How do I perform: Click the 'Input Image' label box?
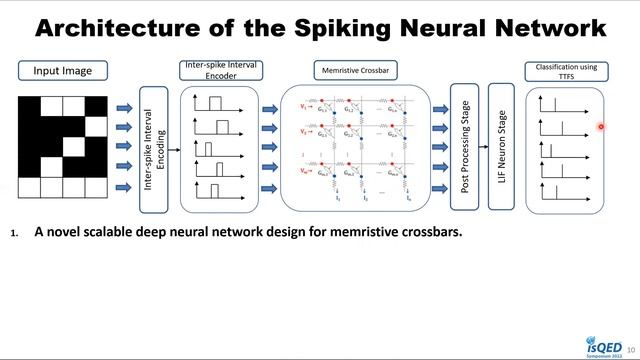point(62,71)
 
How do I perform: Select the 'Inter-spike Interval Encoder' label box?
point(222,71)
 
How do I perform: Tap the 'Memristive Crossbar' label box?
point(355,71)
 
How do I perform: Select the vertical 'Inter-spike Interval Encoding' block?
point(154,148)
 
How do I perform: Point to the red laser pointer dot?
point(601,127)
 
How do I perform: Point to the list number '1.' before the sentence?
point(15,233)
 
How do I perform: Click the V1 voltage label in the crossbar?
point(303,105)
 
